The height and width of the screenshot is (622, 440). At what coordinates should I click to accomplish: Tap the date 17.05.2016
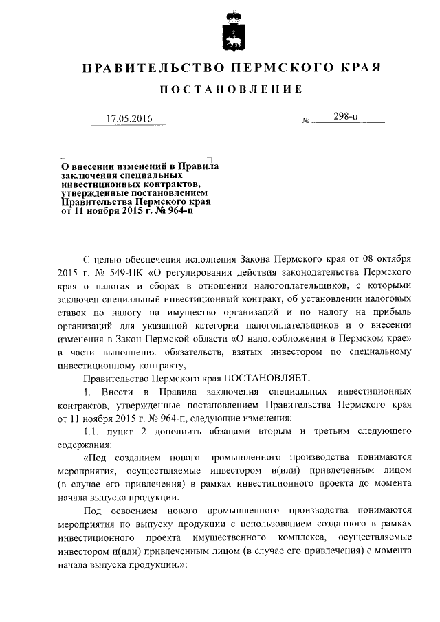(129, 118)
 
